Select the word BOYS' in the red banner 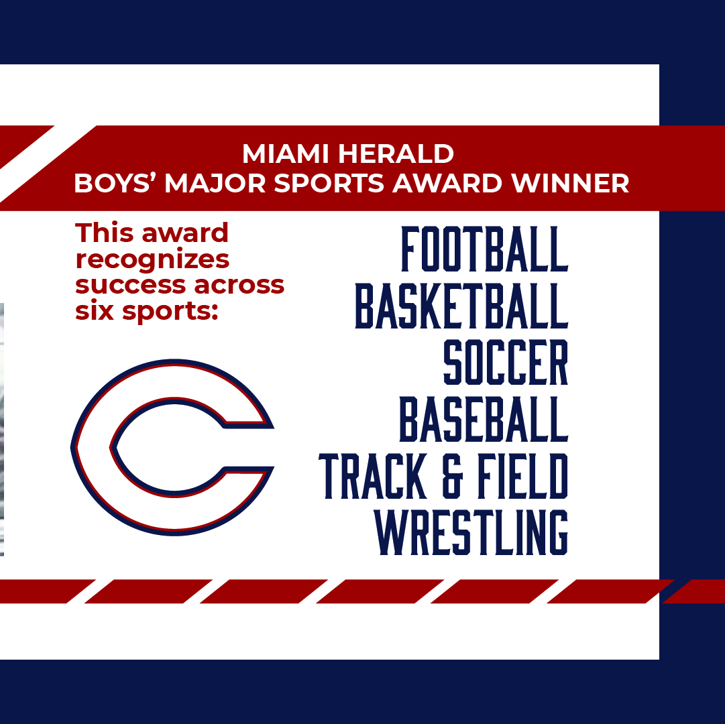click(115, 183)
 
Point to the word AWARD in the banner click(449, 183)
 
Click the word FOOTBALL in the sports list click(484, 249)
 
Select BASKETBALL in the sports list click(461, 306)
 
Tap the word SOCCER click(505, 363)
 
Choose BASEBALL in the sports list click(484, 420)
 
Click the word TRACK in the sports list click(372, 477)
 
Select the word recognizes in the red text click(152, 259)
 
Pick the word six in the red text click(93, 310)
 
